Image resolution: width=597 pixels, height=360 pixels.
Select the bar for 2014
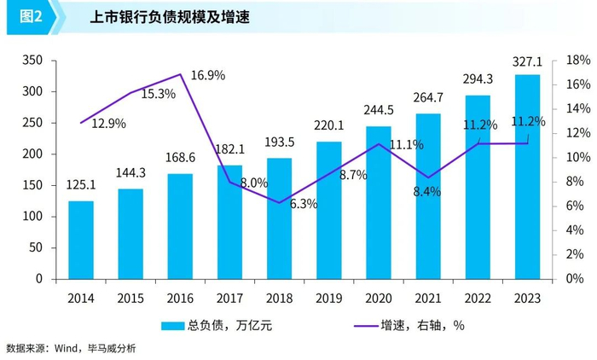coord(81,240)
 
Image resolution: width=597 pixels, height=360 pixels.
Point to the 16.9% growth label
coord(208,75)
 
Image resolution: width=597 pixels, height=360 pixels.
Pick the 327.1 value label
coord(526,62)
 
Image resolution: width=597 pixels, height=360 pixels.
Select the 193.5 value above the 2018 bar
coord(280,142)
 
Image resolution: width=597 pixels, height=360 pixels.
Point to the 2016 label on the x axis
coord(180,298)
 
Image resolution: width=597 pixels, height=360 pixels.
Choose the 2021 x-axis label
coord(428,298)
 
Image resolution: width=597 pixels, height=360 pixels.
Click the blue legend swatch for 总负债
coord(174,325)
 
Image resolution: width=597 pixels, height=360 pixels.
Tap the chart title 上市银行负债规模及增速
coord(158,17)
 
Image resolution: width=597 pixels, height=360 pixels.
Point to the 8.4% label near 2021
coord(426,192)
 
